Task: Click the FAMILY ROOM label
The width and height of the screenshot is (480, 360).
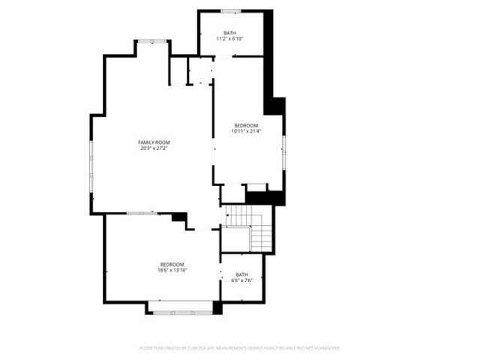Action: pyautogui.click(x=154, y=142)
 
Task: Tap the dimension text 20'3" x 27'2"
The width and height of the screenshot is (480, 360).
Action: pyautogui.click(x=154, y=148)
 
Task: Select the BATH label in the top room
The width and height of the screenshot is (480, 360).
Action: pyautogui.click(x=229, y=33)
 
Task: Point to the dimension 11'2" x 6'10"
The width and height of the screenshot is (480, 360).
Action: pyautogui.click(x=229, y=39)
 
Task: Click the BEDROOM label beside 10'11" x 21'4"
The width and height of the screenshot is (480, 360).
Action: pyautogui.click(x=246, y=125)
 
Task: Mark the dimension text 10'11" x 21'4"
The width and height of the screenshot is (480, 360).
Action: pyautogui.click(x=246, y=131)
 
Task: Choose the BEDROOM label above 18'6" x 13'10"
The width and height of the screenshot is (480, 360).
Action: pyautogui.click(x=172, y=264)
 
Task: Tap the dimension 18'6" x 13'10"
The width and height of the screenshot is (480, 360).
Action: pyautogui.click(x=172, y=270)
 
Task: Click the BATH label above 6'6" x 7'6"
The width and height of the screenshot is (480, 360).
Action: pyautogui.click(x=241, y=274)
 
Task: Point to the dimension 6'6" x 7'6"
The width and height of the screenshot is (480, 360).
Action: pyautogui.click(x=241, y=280)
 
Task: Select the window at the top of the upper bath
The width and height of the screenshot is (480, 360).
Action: pyautogui.click(x=230, y=11)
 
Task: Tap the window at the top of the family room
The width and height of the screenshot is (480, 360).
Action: pyautogui.click(x=152, y=41)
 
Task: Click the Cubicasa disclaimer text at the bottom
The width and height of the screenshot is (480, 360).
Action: pyautogui.click(x=240, y=348)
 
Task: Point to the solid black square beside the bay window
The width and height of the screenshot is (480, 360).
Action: pyautogui.click(x=217, y=307)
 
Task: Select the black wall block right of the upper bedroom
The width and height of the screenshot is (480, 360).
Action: pyautogui.click(x=275, y=106)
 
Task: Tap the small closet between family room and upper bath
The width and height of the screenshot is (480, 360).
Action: pyautogui.click(x=200, y=70)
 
